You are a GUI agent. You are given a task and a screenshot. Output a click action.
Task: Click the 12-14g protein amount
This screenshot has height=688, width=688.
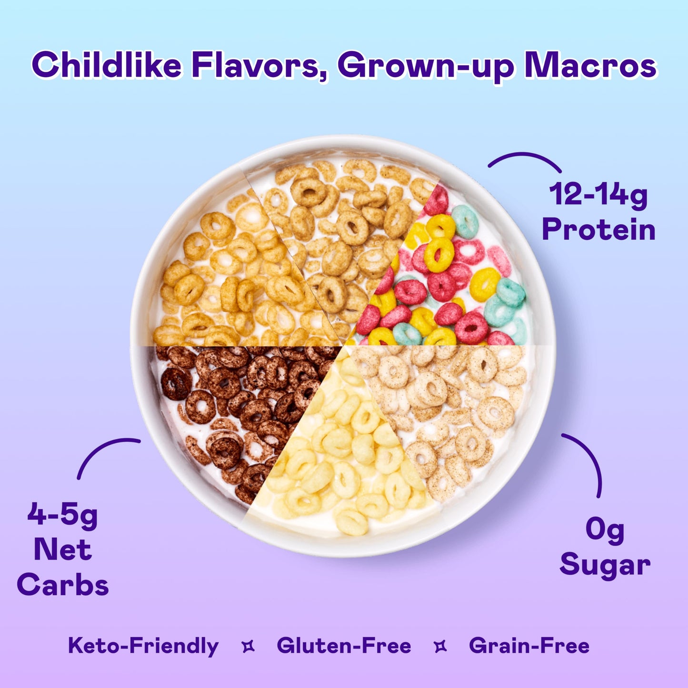point(598,195)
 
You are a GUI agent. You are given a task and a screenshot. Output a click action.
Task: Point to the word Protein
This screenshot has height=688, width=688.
point(598,230)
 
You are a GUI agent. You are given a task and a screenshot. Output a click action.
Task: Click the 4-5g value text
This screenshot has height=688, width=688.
point(62,515)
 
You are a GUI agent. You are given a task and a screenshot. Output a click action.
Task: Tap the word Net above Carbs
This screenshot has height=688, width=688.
point(62,550)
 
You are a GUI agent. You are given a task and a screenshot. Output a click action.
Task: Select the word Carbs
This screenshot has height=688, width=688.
point(62,585)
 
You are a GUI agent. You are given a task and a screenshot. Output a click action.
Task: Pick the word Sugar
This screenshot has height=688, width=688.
point(605,565)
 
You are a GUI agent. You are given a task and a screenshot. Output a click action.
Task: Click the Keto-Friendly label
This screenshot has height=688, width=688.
point(143,646)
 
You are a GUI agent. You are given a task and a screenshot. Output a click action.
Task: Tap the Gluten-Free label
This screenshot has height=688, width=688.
point(344,646)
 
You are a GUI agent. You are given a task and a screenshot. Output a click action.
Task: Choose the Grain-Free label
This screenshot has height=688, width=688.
point(529,646)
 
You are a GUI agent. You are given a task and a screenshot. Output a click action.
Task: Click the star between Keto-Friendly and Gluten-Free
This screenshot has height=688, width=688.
point(248,647)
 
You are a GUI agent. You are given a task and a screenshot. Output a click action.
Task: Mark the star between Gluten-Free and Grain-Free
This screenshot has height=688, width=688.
point(440,647)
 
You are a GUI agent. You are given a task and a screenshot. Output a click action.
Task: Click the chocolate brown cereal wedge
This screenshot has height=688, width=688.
point(229,409)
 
